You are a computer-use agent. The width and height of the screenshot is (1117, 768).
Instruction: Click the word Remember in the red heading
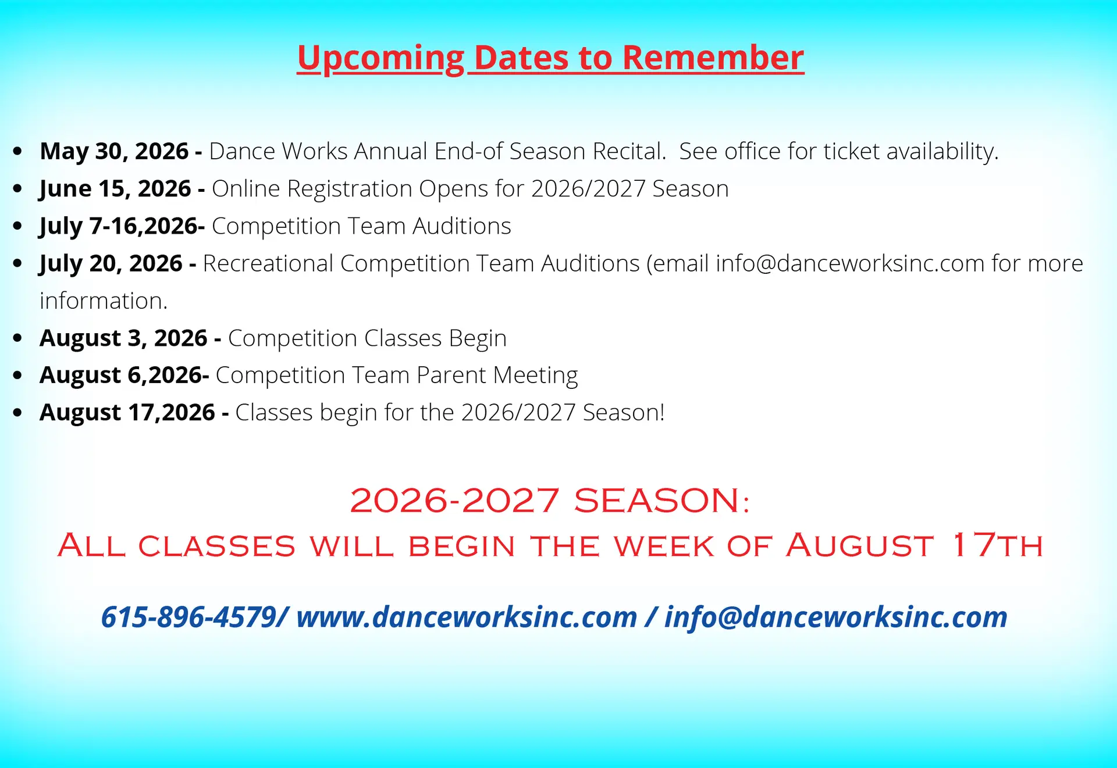(x=713, y=58)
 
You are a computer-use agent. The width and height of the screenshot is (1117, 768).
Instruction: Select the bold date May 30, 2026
(x=114, y=151)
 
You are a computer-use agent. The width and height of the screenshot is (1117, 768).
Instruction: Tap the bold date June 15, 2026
(x=115, y=189)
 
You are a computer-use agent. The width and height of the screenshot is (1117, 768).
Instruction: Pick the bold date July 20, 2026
(x=111, y=263)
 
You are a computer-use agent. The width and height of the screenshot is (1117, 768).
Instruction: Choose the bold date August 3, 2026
(x=123, y=338)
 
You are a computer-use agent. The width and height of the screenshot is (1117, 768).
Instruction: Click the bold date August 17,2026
(x=127, y=413)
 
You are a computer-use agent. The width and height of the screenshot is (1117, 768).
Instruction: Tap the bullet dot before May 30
(x=17, y=152)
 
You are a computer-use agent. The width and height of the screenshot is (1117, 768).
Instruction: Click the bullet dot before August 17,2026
(x=17, y=413)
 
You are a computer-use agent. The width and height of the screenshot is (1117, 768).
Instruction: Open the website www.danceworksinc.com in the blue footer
(x=467, y=617)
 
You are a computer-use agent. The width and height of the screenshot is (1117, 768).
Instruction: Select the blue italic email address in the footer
(x=836, y=617)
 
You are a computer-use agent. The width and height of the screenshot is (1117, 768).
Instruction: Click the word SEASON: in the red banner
(x=662, y=501)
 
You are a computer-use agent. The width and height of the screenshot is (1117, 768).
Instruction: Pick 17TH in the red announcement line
(x=997, y=545)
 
